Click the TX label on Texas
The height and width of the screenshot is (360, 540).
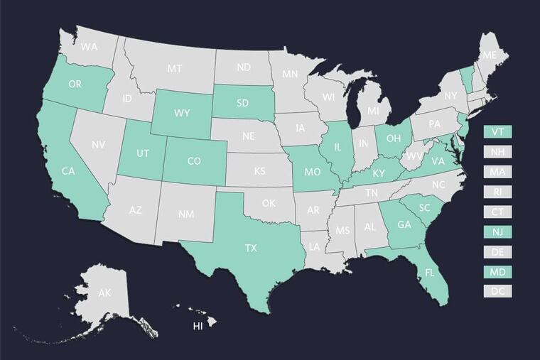pos(251,249)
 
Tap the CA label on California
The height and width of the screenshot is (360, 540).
pos(68,171)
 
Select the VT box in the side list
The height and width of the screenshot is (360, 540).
pos(497,132)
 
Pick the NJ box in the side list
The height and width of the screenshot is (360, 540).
pos(497,231)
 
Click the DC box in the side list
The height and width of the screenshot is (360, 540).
pos(497,291)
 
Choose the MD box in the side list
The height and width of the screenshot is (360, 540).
pos(497,271)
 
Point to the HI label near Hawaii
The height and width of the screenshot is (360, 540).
pos(198,327)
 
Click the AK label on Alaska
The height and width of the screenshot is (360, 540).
pos(104,293)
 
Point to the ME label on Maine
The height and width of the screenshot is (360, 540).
pos(489,55)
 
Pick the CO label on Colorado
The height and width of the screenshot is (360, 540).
pos(194,161)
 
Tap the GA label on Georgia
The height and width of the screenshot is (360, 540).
pos(404,226)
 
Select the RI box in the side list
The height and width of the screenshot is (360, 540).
pos(497,192)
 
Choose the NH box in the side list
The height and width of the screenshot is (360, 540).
pos(497,152)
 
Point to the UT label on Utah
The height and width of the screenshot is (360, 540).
pos(143,153)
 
